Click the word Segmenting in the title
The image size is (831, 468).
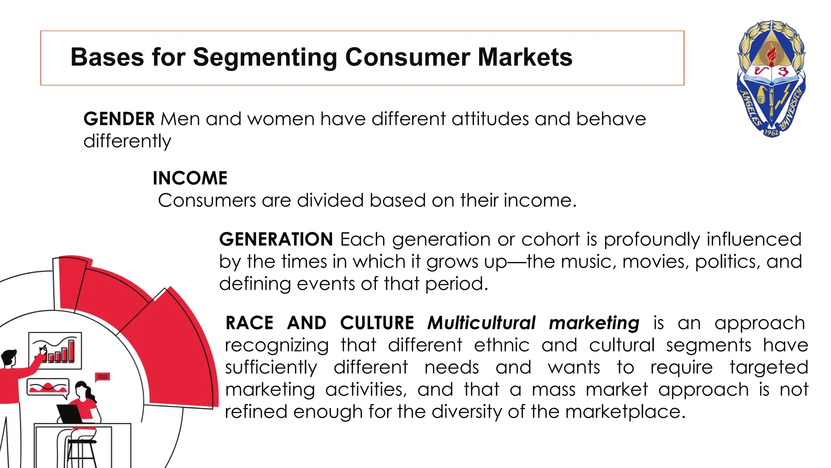(265, 57)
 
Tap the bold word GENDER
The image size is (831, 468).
(119, 119)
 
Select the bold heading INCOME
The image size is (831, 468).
(190, 178)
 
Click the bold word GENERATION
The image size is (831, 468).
(276, 239)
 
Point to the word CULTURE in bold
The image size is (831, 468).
(377, 323)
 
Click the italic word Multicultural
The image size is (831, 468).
(482, 323)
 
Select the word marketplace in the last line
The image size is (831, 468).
(625, 412)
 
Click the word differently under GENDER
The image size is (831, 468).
(127, 141)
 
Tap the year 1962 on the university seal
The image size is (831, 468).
(771, 132)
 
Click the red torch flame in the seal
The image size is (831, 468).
(771, 53)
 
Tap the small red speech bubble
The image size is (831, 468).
(102, 377)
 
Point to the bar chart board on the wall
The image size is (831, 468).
(55, 350)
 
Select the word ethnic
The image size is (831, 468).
(502, 345)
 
